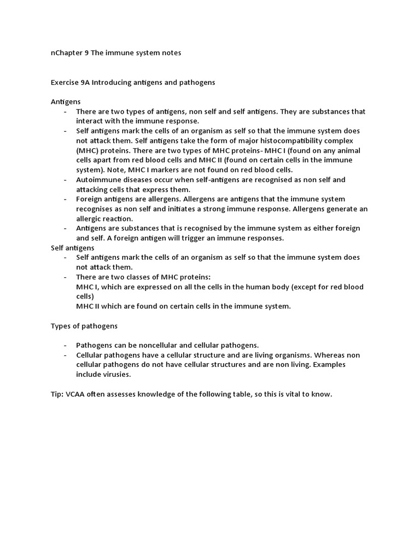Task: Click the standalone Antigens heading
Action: click(66, 102)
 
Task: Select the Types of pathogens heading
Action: click(84, 325)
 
